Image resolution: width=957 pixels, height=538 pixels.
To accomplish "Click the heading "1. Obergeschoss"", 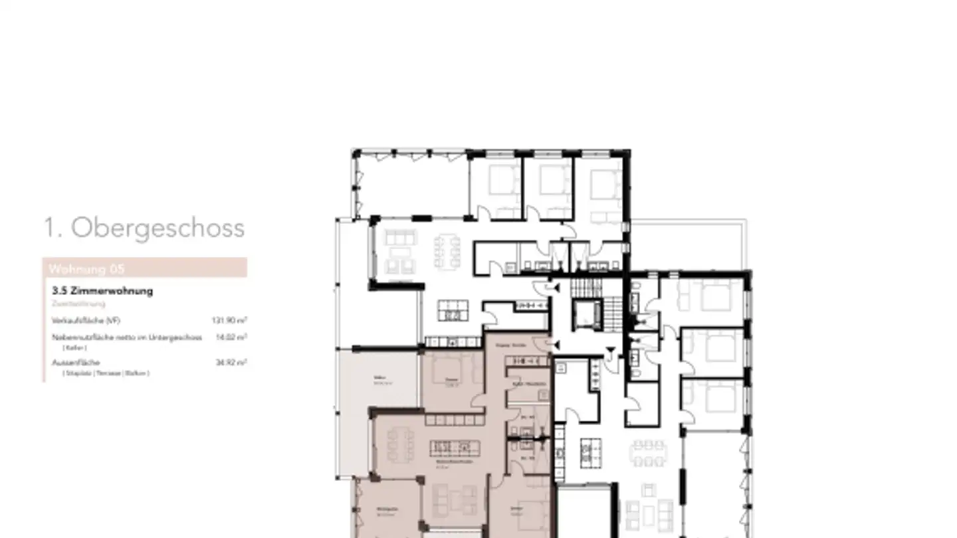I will click(x=144, y=228).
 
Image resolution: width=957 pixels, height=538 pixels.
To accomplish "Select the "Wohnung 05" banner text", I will click(x=86, y=269).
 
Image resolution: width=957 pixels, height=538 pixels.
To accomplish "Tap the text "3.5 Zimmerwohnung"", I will click(x=102, y=291).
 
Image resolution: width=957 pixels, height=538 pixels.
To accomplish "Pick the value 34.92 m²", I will click(x=231, y=363).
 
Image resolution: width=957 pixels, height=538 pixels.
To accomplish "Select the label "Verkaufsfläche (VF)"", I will click(x=86, y=320).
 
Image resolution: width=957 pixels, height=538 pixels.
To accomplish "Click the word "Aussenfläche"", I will click(x=76, y=363).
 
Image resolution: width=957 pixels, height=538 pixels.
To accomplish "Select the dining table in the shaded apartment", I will click(x=400, y=444).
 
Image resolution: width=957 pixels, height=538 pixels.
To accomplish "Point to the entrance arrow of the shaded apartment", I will click(x=556, y=344).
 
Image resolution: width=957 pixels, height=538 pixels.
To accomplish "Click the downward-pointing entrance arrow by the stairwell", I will click(x=611, y=351).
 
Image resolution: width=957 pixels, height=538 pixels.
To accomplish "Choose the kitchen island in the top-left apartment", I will click(x=453, y=310).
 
